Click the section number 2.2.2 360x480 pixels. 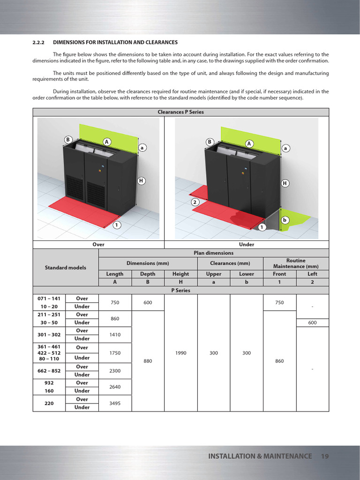pyautogui.click(x=38, y=43)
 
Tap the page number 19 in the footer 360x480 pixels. pyautogui.click(x=325, y=456)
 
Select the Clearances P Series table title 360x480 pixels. pyautogui.click(x=180, y=112)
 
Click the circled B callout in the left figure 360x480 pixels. pyautogui.click(x=68, y=140)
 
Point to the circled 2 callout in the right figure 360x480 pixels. pyautogui.click(x=195, y=202)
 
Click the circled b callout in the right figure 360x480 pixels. pyautogui.click(x=285, y=220)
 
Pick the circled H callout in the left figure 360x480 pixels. pyautogui.click(x=141, y=180)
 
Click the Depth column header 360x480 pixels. pyautogui.click(x=148, y=274)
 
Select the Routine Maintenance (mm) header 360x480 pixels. pyautogui.click(x=296, y=263)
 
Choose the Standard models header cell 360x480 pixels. pyautogui.click(x=66, y=267)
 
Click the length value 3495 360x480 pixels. pyautogui.click(x=115, y=403)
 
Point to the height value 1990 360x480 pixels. pyautogui.click(x=181, y=353)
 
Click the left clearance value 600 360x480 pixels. pyautogui.click(x=312, y=322)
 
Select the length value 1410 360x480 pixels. pyautogui.click(x=115, y=335)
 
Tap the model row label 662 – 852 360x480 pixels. pyautogui.click(x=49, y=371)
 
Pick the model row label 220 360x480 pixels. pyautogui.click(x=49, y=403)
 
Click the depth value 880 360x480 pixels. pyautogui.click(x=148, y=361)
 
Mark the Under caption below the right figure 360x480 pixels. pyautogui.click(x=247, y=244)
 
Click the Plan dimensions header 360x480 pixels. pyautogui.click(x=213, y=253)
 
